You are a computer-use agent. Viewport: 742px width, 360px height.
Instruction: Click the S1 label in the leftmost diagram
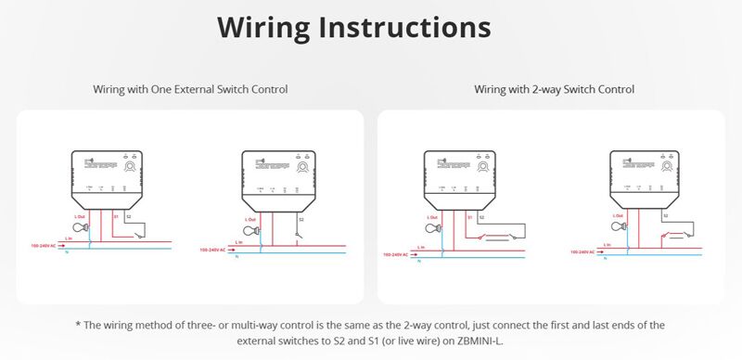(116, 215)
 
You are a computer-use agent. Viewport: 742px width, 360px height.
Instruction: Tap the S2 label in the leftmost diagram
(129, 215)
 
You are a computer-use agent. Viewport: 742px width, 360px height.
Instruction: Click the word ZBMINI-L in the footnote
(482, 341)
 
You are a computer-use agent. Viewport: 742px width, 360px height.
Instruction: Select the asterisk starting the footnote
(79, 324)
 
